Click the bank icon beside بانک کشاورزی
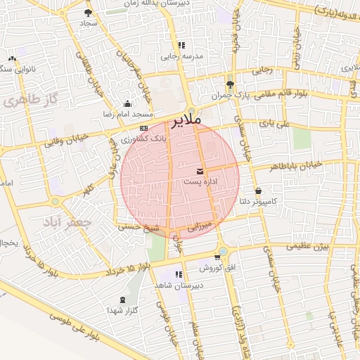pos(144,128)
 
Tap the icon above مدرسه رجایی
pos(181,46)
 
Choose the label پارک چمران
pos(231,94)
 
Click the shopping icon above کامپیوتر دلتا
pos(259,191)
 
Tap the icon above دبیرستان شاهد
pos(179,274)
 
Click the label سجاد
pos(88,23)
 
